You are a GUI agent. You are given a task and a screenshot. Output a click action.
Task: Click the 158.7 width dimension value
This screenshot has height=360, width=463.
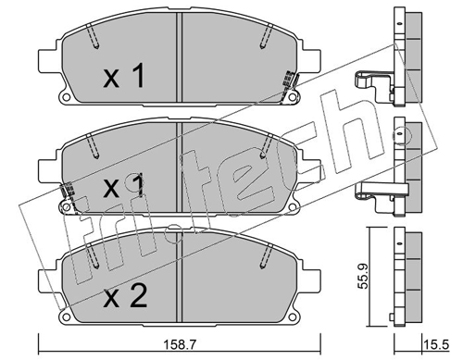point(180,344)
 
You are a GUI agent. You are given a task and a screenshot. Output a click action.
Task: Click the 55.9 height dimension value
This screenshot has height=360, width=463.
point(363,276)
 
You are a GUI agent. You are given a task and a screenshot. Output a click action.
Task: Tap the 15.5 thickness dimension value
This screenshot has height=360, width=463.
point(436,344)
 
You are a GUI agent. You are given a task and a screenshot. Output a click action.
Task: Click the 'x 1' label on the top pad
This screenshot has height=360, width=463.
point(124,75)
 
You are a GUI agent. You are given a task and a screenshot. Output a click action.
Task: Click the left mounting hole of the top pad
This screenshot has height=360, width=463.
point(66,97)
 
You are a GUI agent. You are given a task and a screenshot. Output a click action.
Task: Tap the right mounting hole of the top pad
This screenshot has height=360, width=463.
point(292,97)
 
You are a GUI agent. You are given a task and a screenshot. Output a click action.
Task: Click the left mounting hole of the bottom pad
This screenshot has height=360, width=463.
point(66,317)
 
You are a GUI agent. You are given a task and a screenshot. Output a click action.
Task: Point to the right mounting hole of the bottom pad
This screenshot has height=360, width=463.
point(292,317)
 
